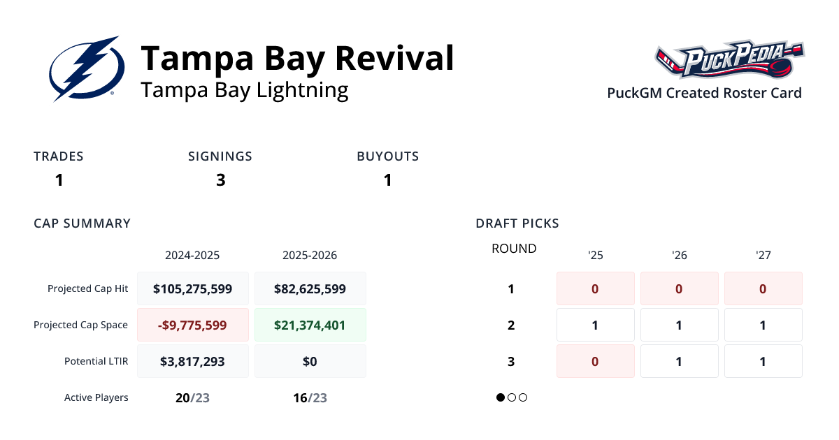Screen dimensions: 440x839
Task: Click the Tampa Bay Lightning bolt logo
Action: (87, 69)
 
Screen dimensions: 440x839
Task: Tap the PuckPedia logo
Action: (729, 60)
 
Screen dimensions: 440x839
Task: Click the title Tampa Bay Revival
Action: (297, 59)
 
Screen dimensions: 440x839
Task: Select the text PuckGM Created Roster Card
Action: (704, 93)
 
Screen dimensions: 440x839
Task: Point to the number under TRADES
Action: (59, 180)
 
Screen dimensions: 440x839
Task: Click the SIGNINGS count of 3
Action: (220, 180)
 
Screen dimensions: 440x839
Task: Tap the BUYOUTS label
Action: (387, 156)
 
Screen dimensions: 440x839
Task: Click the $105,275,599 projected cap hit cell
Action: (192, 288)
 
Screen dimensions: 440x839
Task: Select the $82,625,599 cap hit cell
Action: (310, 288)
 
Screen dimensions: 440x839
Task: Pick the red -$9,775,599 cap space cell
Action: (192, 325)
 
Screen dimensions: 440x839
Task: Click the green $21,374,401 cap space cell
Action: (310, 325)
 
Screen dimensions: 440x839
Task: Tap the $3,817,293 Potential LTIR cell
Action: (192, 361)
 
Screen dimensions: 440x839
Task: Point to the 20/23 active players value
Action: (192, 397)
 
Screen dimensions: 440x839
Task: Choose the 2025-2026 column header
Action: (310, 255)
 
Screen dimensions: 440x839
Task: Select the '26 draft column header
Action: (679, 255)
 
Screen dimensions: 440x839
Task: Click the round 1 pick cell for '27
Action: (763, 288)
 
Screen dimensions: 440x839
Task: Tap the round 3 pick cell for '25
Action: (595, 361)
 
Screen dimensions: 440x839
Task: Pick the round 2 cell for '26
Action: (679, 325)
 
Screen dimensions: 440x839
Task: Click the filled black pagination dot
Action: (501, 397)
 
